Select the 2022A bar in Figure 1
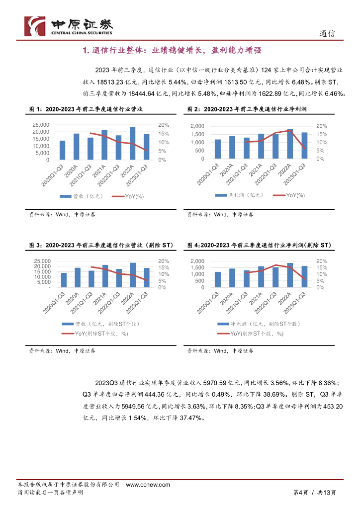pos(132,143)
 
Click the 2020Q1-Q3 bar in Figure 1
pos(63,150)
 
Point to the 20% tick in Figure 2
pos(321,126)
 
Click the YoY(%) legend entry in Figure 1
pos(127,197)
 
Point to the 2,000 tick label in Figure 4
pos(197,261)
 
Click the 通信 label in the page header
pos(327,34)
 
